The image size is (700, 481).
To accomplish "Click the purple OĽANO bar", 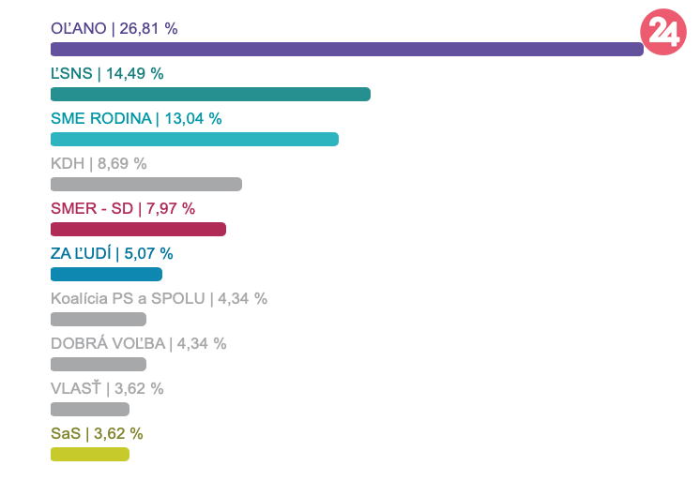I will click(346, 49).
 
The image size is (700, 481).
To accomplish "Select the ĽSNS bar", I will click(210, 94).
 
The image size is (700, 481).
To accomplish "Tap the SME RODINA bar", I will click(194, 139).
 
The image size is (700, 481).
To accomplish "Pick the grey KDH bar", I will click(146, 184).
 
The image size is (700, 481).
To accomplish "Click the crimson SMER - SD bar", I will click(138, 229).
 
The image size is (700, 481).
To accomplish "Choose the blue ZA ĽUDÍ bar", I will click(106, 274).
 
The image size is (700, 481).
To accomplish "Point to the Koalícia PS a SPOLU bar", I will click(99, 319).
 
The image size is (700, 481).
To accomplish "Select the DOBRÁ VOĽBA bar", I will click(99, 364).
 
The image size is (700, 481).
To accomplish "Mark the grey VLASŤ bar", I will click(90, 409).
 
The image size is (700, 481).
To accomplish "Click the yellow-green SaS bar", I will click(90, 454).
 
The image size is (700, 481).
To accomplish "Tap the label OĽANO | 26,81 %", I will click(114, 28).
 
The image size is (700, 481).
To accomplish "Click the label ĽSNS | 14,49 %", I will click(107, 73).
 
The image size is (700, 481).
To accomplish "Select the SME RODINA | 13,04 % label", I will click(136, 118).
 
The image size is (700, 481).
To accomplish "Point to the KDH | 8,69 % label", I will click(99, 163).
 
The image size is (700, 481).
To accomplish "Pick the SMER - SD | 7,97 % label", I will click(123, 208).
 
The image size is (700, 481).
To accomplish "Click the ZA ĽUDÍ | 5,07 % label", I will click(112, 253).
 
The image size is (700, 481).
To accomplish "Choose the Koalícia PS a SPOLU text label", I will click(159, 298).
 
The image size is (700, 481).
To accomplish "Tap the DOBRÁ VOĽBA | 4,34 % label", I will click(138, 343).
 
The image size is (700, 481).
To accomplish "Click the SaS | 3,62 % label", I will click(97, 433).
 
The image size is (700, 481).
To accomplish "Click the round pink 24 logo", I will click(662, 32).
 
